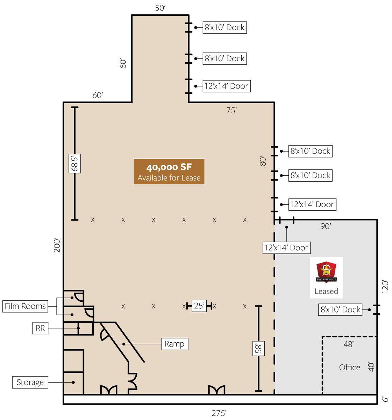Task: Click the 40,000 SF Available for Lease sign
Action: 169,171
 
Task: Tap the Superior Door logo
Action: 326,272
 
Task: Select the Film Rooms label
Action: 25,306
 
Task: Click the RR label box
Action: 40,328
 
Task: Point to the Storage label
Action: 30,382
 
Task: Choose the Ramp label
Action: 174,344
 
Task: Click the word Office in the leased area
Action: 349,367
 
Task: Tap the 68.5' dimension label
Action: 74,163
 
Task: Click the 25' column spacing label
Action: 199,306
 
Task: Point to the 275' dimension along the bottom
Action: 219,413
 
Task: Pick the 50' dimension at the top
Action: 160,8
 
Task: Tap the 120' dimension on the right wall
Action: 385,287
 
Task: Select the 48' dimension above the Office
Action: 349,344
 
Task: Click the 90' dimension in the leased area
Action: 326,226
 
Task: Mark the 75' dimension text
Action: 231,110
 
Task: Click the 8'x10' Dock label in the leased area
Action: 340,309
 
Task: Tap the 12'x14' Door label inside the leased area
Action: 286,247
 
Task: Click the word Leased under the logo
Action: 326,291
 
